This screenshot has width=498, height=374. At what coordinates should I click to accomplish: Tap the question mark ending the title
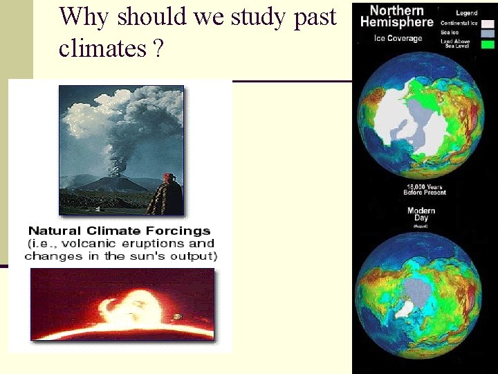coord(159,48)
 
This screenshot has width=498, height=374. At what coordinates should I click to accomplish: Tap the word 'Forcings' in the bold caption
coord(181,231)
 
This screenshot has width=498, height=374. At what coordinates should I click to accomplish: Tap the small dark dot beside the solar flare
coord(178,317)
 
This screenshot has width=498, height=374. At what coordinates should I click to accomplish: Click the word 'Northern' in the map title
coord(396,11)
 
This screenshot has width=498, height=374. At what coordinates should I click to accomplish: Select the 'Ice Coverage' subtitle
coord(398,38)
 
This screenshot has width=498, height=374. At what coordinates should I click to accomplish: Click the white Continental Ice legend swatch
coord(488,23)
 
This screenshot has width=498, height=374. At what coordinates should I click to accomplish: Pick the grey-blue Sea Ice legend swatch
coord(488,33)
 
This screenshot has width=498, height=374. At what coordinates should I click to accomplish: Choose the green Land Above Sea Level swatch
coord(488,44)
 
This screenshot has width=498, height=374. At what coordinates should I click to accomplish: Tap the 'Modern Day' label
coord(421,214)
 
